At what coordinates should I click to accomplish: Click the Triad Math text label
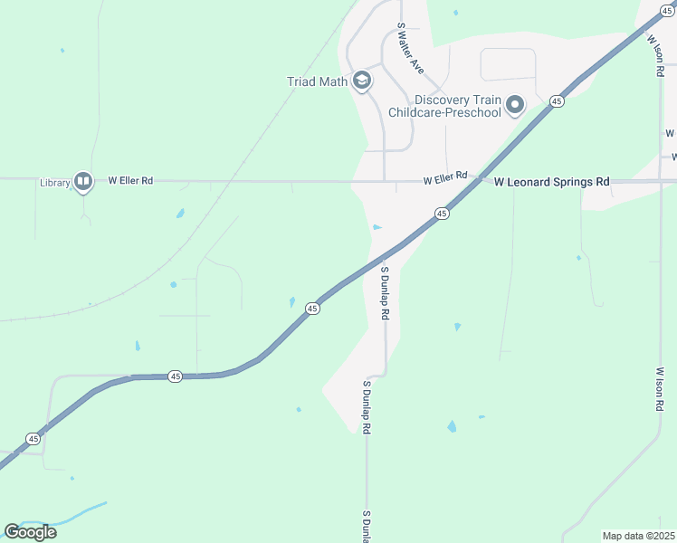tap(317, 81)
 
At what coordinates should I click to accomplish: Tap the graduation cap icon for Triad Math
tap(362, 81)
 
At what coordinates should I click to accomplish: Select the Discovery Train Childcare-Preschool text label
tap(444, 106)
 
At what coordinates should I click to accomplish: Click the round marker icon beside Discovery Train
tap(515, 106)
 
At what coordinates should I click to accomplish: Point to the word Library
tap(54, 182)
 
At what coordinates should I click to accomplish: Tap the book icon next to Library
tap(83, 182)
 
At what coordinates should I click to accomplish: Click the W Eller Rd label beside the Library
tap(130, 181)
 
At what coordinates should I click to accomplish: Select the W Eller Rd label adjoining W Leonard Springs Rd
tap(444, 178)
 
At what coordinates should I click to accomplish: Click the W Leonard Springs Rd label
tap(551, 182)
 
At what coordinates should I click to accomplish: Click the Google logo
tap(30, 531)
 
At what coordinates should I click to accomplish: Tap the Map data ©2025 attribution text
tap(637, 536)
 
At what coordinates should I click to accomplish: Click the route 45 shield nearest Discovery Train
tap(557, 101)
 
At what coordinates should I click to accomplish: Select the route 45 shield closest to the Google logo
tap(33, 439)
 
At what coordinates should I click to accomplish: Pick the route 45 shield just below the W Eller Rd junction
tap(441, 214)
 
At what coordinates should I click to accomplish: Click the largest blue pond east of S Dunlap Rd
tap(452, 426)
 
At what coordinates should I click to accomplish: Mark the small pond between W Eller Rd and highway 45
tap(377, 227)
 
